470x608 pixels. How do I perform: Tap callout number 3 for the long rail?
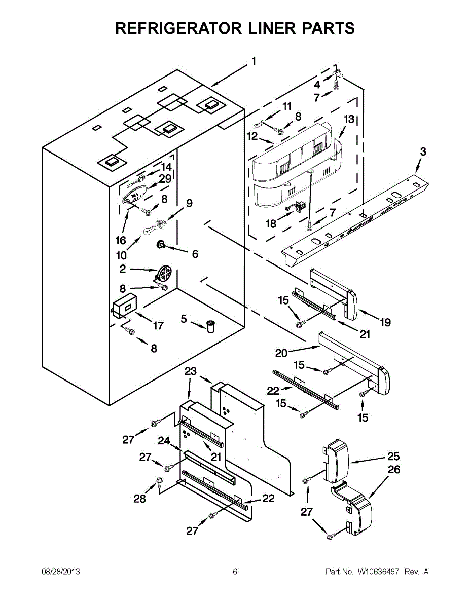click(423, 151)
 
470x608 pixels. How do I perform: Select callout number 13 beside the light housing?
click(349, 120)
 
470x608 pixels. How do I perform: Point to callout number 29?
click(165, 179)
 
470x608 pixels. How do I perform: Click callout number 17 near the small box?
click(158, 325)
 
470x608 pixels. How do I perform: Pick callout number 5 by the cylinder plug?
click(184, 319)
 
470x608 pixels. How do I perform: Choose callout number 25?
click(393, 455)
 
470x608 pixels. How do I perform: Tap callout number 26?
click(393, 470)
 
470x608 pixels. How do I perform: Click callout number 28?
click(139, 499)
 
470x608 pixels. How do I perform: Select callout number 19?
click(385, 322)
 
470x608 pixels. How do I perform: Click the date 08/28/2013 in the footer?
click(60, 572)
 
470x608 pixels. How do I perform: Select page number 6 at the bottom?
click(235, 572)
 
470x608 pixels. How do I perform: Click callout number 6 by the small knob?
click(195, 254)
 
